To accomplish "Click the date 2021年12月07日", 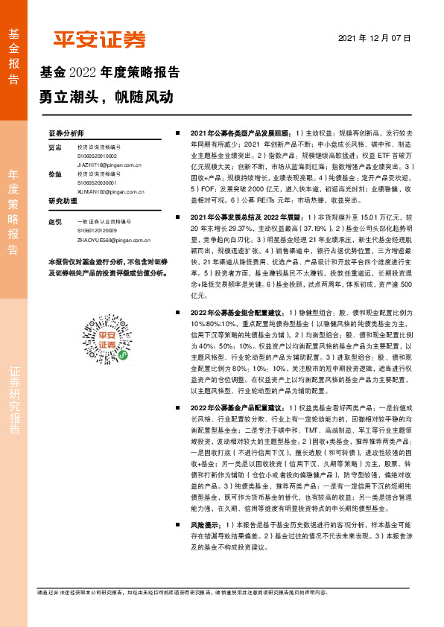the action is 374,37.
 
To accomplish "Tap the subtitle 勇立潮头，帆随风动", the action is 106,97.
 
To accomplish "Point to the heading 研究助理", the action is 63,202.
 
